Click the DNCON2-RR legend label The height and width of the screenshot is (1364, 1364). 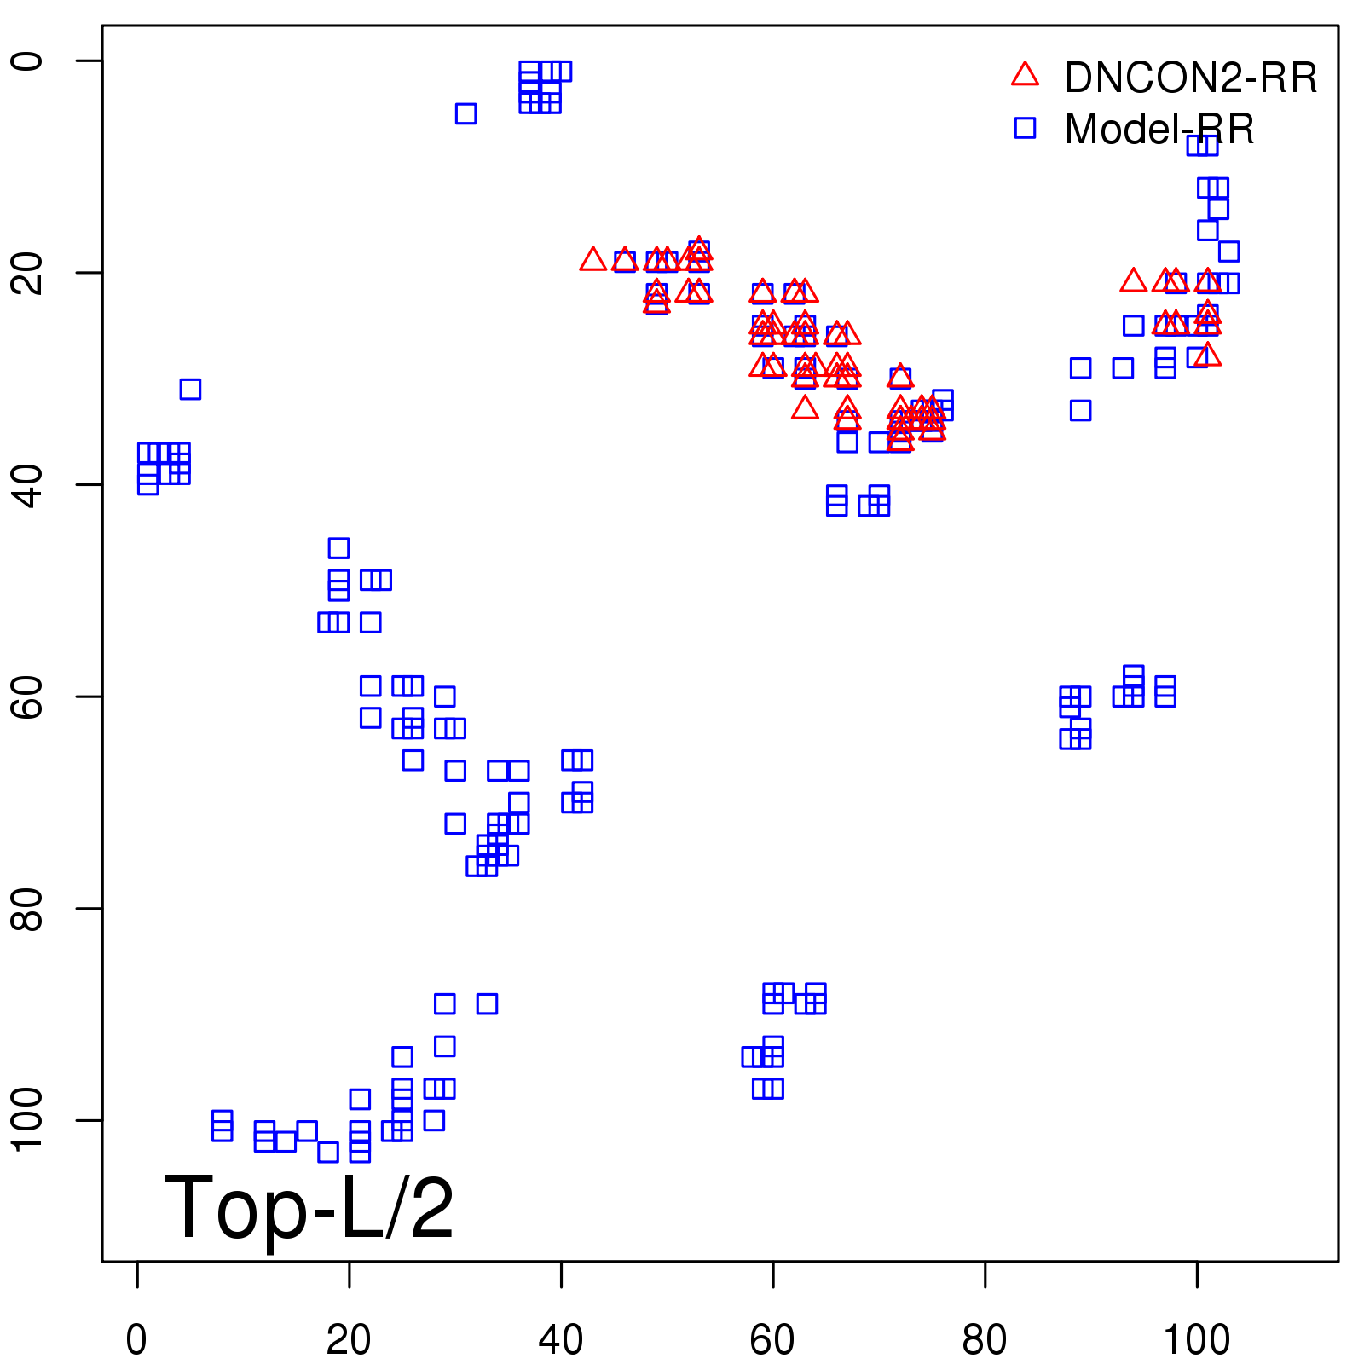[x=1190, y=78]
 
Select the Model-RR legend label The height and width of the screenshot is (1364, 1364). [x=1159, y=130]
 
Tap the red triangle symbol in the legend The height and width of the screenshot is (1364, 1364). [x=1025, y=75]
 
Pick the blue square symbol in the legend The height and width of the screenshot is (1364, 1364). [x=1025, y=128]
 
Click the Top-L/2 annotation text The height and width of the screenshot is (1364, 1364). [x=309, y=1207]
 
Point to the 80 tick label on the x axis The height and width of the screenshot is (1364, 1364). [x=985, y=1340]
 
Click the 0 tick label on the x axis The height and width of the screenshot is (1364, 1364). [x=136, y=1340]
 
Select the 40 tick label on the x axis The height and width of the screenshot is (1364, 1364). [x=561, y=1340]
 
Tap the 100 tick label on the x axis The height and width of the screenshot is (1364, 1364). [x=1197, y=1340]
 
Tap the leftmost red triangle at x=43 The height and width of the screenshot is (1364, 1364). [x=592, y=259]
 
